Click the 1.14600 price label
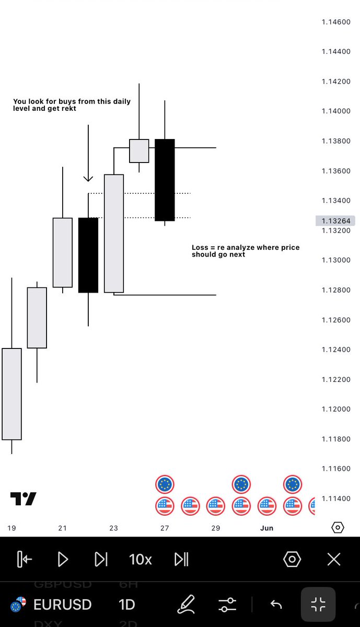tap(336, 22)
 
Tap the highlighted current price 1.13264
tap(335, 221)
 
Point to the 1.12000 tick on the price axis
tap(336, 409)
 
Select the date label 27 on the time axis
tap(165, 528)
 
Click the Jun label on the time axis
tap(267, 528)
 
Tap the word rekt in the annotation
tap(68, 108)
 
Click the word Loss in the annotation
tap(200, 248)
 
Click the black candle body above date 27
tap(165, 180)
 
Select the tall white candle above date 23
tap(114, 234)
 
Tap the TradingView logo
tap(23, 498)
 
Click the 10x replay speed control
tap(140, 560)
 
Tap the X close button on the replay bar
tap(334, 560)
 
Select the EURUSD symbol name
tap(62, 605)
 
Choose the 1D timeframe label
tap(127, 605)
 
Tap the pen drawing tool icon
tap(186, 605)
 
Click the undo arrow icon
tap(276, 605)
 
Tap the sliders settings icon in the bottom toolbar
tap(227, 605)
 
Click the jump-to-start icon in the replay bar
tap(25, 559)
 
